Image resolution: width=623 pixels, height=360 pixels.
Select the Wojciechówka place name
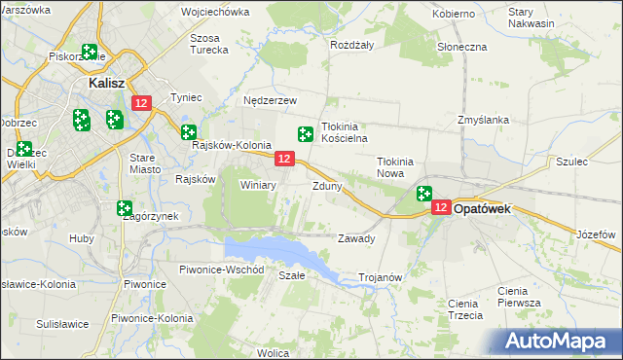(x=215, y=14)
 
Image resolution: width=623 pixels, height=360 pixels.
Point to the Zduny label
(x=327, y=186)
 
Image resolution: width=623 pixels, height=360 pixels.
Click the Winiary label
(x=258, y=184)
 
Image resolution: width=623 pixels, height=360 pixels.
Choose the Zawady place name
(x=355, y=238)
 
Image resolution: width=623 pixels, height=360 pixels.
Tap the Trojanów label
(x=381, y=277)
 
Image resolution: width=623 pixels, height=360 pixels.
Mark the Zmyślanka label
(x=484, y=121)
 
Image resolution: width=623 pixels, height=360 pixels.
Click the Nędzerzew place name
(x=270, y=99)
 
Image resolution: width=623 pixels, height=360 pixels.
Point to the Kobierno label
(x=454, y=14)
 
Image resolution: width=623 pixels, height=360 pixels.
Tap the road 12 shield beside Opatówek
(x=441, y=207)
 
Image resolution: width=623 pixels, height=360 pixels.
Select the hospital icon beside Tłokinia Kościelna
(x=306, y=133)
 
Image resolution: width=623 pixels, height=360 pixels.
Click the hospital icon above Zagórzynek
(x=125, y=208)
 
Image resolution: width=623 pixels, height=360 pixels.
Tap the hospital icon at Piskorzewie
(x=91, y=52)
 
